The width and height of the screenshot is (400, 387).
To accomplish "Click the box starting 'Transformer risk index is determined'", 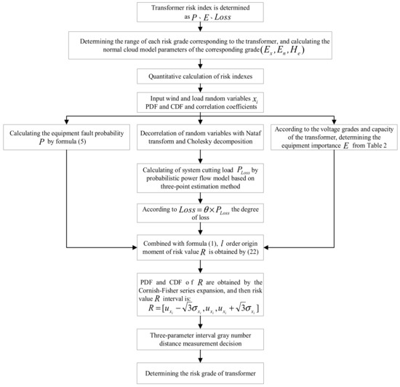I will tap(199, 14).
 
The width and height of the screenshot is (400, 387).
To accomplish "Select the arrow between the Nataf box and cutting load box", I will tap(199, 156).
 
